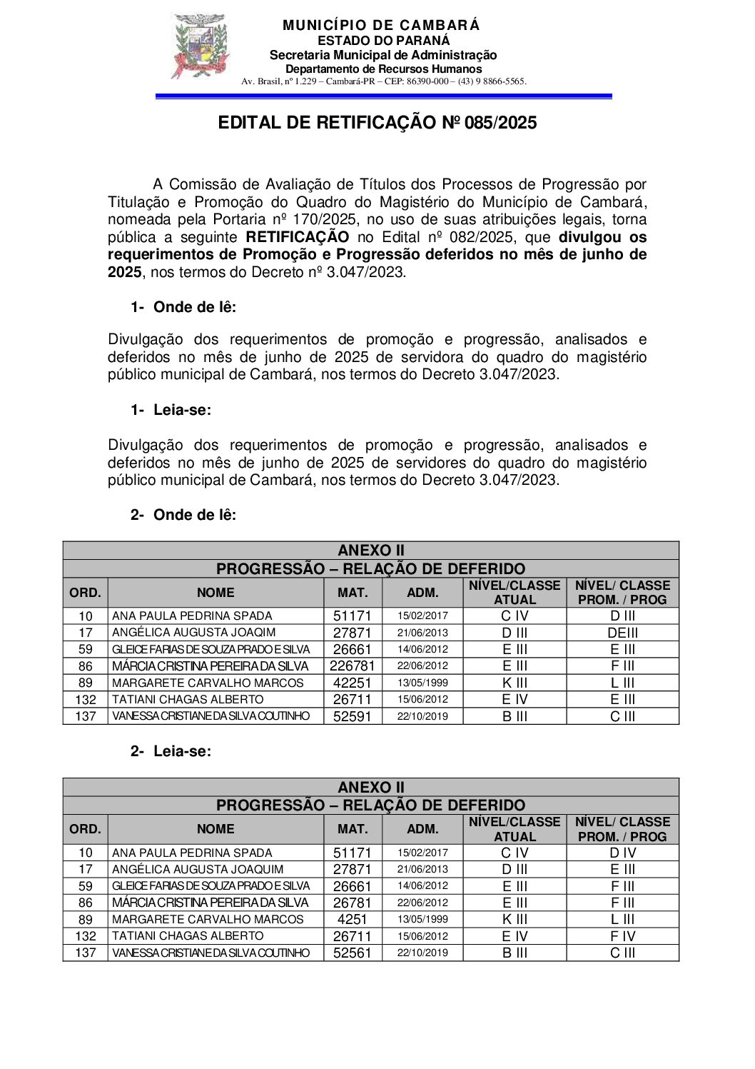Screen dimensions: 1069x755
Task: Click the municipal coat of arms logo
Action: tap(201, 47)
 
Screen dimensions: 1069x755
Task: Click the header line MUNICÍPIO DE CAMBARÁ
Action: tap(381, 26)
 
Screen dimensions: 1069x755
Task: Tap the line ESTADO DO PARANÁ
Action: tap(383, 41)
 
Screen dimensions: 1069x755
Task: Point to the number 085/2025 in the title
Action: tap(500, 123)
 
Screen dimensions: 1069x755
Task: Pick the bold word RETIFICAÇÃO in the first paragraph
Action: tap(298, 237)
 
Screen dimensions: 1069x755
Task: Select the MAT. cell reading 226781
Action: tap(353, 666)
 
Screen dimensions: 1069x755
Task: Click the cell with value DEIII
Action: tap(622, 633)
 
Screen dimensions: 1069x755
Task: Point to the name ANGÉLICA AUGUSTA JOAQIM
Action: tap(193, 633)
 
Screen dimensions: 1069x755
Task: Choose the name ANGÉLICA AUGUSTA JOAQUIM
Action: tap(198, 870)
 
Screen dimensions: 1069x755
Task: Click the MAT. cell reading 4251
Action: tap(353, 920)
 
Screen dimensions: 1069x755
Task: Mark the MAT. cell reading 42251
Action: tap(353, 683)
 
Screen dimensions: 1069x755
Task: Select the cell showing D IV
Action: tap(622, 853)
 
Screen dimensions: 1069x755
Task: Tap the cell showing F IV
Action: tap(622, 936)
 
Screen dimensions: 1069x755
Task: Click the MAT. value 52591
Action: tap(353, 716)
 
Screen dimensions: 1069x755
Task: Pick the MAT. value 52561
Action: tap(353, 953)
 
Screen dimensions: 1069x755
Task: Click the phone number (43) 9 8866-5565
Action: tap(492, 81)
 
